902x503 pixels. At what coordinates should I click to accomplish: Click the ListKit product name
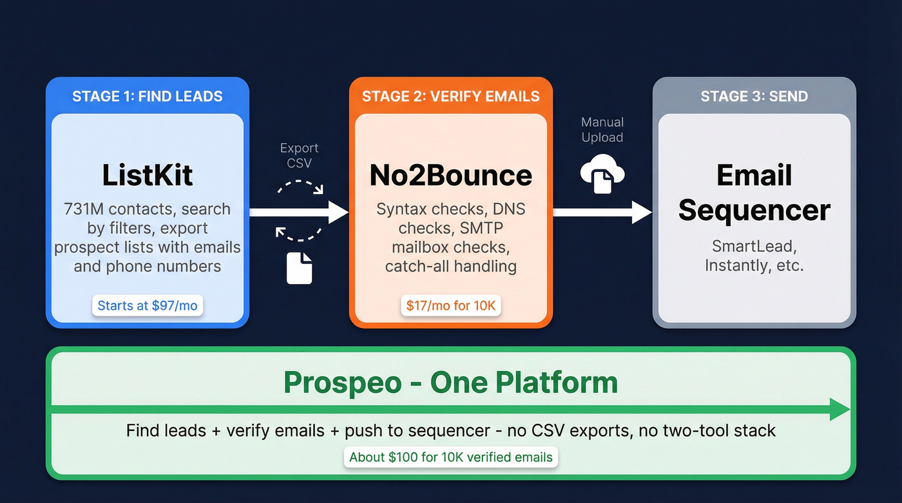(x=148, y=175)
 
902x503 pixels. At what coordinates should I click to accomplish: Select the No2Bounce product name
(x=450, y=175)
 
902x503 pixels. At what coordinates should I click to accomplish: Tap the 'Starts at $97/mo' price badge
(x=148, y=305)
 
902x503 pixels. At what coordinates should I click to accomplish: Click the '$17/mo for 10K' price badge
(x=450, y=305)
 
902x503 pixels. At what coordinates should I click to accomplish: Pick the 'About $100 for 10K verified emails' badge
(x=450, y=457)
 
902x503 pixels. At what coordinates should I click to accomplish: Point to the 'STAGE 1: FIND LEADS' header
(x=148, y=97)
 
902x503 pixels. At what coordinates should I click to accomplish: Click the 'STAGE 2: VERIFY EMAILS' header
(x=450, y=97)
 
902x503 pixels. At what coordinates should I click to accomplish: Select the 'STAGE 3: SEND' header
(x=754, y=97)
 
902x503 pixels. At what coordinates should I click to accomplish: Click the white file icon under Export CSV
(x=299, y=268)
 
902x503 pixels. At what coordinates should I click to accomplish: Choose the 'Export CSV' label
(x=299, y=155)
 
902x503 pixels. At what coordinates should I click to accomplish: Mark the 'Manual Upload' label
(x=602, y=129)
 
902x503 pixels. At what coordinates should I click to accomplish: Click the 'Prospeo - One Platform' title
(x=450, y=383)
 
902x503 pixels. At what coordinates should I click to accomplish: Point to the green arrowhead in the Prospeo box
(x=840, y=410)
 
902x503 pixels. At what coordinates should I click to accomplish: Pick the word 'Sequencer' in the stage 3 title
(x=754, y=210)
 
